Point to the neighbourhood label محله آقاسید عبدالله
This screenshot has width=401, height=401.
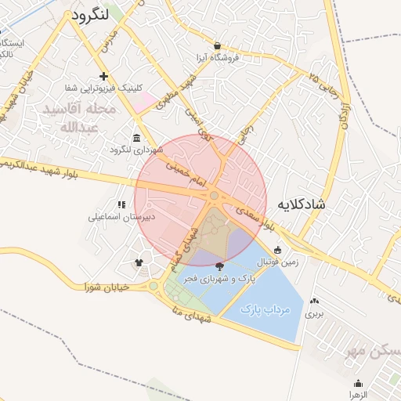pyautogui.click(x=80, y=118)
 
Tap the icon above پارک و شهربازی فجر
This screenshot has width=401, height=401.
pyautogui.click(x=218, y=267)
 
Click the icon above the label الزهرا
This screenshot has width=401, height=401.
pyautogui.click(x=358, y=383)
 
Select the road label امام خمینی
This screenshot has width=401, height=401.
pyautogui.click(x=182, y=167)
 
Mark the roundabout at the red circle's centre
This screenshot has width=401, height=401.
pyautogui.click(x=214, y=196)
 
